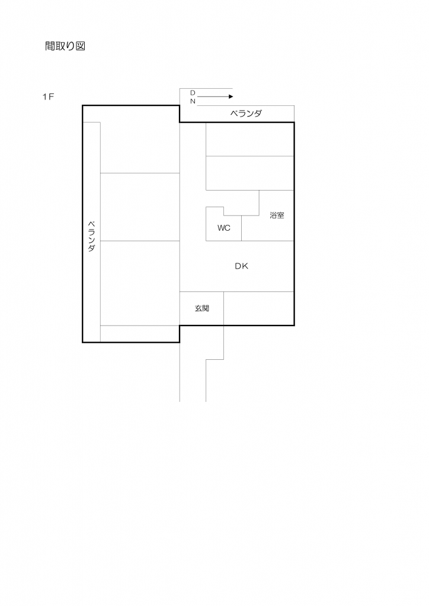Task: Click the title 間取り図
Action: [66, 46]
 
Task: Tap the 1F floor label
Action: [48, 97]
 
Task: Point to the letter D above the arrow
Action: [193, 93]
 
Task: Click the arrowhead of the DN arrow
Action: [230, 96]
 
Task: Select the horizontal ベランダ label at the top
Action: [245, 114]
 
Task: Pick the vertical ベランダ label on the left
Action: [91, 237]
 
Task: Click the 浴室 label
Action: [277, 215]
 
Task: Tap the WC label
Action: [223, 228]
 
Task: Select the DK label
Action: [241, 266]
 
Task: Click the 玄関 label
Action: [201, 308]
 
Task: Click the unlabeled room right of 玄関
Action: [258, 308]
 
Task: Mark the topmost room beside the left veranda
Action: [140, 139]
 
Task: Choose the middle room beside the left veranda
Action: [140, 207]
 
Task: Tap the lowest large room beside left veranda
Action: [140, 283]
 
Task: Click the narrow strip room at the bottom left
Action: [140, 334]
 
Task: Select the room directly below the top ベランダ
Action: [249, 140]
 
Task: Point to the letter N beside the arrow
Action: [193, 101]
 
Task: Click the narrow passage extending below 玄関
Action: [193, 367]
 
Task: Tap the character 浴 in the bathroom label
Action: [273, 215]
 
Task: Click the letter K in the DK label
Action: [245, 266]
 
